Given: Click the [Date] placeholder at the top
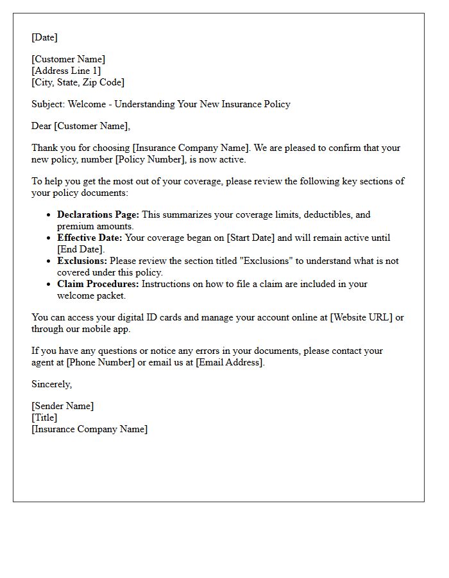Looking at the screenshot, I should (44, 37).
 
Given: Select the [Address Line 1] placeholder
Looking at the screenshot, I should (66, 71).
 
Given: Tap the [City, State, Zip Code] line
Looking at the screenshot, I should (78, 82).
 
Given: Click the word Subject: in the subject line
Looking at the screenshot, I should (48, 104).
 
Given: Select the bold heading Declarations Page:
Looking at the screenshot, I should (97, 215).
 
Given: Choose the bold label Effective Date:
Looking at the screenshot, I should (89, 238).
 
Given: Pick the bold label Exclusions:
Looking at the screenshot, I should (82, 261).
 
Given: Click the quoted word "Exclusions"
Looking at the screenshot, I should (264, 261).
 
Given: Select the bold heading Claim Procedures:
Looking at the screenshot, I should (97, 284).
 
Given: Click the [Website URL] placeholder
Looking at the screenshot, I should (361, 317).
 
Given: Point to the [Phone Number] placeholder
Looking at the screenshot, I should (100, 362).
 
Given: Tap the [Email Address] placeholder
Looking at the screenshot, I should (229, 362).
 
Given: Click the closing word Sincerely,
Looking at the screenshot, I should (52, 384).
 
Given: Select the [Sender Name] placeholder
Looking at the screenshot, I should (62, 406).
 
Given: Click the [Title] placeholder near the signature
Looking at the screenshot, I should (44, 417).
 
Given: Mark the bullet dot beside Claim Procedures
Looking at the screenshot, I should (49, 284).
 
